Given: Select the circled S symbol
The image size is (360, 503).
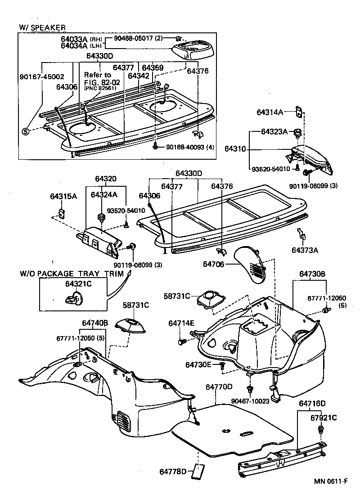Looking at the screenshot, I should tap(26, 131).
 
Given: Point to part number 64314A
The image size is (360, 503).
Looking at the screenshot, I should tap(270, 112).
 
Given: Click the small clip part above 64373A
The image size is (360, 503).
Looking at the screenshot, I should tap(301, 234).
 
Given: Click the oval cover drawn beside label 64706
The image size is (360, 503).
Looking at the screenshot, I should tap(253, 265).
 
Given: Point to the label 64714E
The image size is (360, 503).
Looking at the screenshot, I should tap(181, 323).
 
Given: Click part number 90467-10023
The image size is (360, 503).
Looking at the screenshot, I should tap(250, 401).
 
